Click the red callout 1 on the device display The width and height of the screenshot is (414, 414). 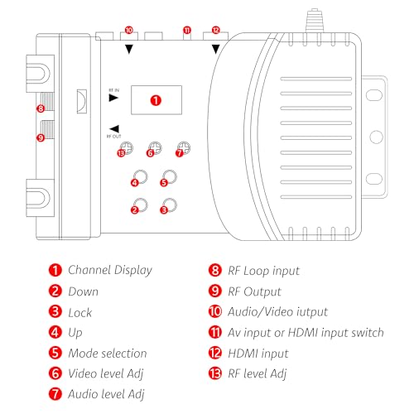click(x=157, y=99)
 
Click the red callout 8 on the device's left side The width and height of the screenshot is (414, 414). click(x=40, y=108)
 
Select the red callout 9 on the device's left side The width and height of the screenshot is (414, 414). click(x=40, y=137)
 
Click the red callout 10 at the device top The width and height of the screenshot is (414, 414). click(x=128, y=29)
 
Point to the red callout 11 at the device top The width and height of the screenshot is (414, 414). click(x=187, y=30)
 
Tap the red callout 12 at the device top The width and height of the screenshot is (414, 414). click(x=216, y=29)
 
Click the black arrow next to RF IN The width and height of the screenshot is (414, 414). click(x=113, y=97)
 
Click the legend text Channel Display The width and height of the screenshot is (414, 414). click(x=109, y=270)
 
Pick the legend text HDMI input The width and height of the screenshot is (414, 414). click(x=246, y=354)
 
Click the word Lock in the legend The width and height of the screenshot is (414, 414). click(x=80, y=311)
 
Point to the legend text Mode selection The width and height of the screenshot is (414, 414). click(x=107, y=354)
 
